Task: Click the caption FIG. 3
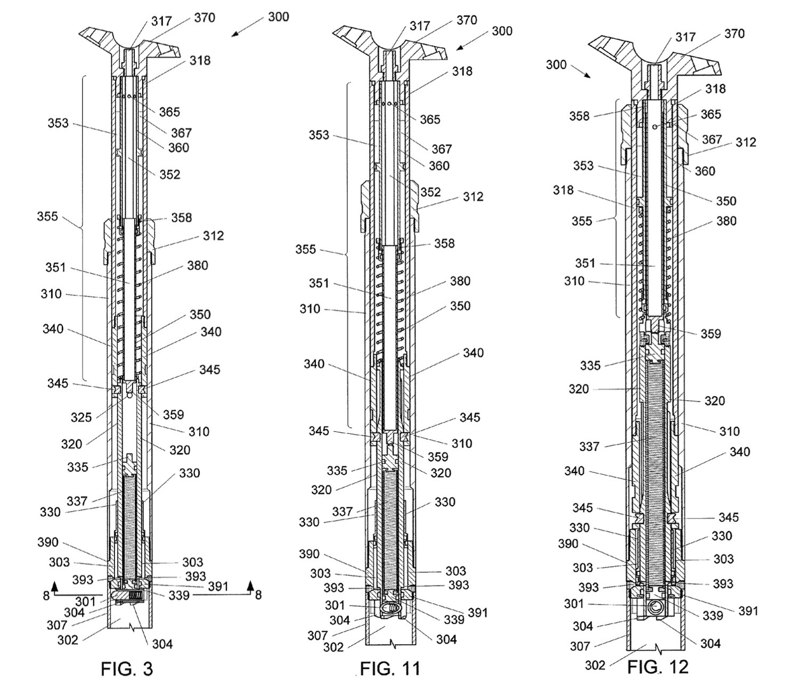pos(127,669)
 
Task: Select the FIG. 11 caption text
pos(390,669)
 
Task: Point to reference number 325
pos(81,417)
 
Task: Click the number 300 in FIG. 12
pos(556,64)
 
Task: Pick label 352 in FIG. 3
pos(170,175)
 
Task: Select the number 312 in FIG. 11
pos(474,196)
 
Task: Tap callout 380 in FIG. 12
pos(727,221)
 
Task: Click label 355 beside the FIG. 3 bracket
pos(47,216)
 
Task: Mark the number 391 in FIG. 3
pos(218,587)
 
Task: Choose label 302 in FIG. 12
pos(596,665)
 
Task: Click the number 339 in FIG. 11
pos(454,620)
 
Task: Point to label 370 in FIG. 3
pos(205,18)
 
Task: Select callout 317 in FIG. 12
pos(686,37)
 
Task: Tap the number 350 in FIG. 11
pos(460,306)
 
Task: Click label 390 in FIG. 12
pos(568,544)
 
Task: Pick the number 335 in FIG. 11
pos(337,471)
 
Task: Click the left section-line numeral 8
pos(46,596)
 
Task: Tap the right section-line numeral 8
pos(258,596)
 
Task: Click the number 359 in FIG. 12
pos(711,334)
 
